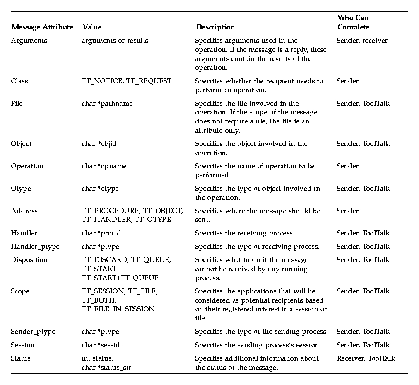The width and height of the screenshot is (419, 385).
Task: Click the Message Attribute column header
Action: [42, 27]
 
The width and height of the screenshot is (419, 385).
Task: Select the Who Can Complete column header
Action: [353, 22]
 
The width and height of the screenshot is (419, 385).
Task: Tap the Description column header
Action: [215, 27]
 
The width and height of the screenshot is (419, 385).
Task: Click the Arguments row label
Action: [29, 41]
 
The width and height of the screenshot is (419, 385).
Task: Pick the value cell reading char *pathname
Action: [107, 104]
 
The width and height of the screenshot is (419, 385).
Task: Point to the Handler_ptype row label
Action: [35, 247]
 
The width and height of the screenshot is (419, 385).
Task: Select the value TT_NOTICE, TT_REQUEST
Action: [126, 81]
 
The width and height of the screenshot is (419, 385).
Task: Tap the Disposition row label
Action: [29, 260]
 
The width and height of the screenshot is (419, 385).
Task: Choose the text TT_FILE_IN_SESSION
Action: [118, 309]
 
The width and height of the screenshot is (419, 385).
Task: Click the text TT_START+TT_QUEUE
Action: [120, 278]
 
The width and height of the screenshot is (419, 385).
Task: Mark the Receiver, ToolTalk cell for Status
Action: [366, 358]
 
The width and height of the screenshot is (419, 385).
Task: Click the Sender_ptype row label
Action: [33, 332]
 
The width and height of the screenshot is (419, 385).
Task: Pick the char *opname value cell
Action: [104, 166]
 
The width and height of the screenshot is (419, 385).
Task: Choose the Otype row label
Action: [21, 189]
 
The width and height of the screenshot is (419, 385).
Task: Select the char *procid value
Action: [101, 233]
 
